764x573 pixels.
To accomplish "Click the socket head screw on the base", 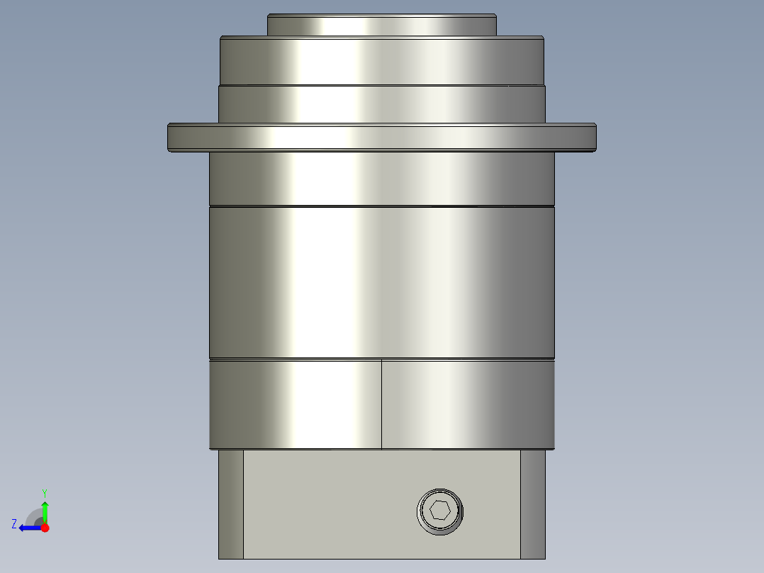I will click(440, 511).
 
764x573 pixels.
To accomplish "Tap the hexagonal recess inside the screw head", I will click(440, 511).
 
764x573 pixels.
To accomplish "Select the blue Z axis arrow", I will click(28, 528).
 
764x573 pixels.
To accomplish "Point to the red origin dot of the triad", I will click(45, 528).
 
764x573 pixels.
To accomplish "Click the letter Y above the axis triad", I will click(45, 492).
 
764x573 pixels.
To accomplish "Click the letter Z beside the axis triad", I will click(14, 524).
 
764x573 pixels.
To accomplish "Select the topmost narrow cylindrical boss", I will click(381, 25).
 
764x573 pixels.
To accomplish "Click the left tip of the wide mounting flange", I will click(171, 137).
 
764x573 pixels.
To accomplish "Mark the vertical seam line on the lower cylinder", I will click(381, 404).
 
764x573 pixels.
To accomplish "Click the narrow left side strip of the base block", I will click(230, 504).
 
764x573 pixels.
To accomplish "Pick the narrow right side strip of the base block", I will click(533, 504).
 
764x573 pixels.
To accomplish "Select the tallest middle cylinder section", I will click(381, 282).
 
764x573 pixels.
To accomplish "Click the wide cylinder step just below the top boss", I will click(381, 60).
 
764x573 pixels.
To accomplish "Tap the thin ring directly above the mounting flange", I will click(381, 104).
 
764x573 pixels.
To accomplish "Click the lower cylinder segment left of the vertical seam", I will click(296, 404).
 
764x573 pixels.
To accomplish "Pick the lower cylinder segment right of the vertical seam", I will click(468, 404).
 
